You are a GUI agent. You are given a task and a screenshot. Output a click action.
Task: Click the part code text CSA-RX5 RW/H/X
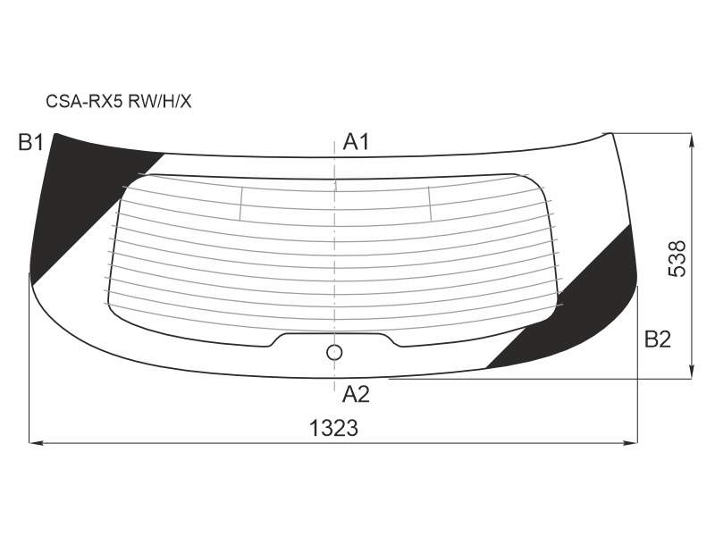point(119,101)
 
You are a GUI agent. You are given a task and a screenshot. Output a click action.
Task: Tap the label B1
point(30,143)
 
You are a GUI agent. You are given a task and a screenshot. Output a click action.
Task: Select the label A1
point(356,142)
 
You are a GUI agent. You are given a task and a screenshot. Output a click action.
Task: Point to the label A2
point(356,394)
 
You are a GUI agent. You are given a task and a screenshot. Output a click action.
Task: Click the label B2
point(658,339)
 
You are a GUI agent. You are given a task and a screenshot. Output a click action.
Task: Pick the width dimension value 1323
point(333,428)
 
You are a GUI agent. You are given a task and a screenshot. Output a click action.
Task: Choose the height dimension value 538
point(677,258)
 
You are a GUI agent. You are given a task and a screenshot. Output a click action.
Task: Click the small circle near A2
point(334,352)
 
